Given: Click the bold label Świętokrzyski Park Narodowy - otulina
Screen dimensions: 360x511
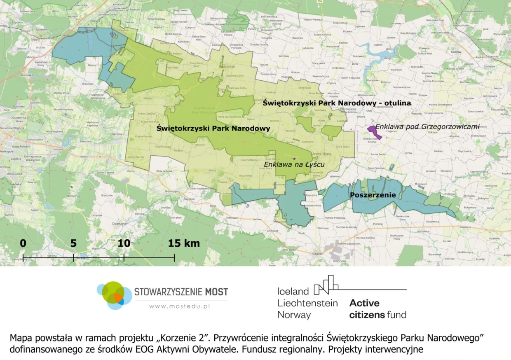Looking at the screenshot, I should tap(336, 103).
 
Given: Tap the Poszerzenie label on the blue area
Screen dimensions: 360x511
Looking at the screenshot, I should tap(373, 195).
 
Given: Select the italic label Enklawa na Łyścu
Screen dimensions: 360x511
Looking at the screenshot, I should tap(294, 164).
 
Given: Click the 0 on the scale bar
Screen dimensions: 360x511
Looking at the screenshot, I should tap(23, 243).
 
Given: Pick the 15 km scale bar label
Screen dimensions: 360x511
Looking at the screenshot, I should tap(183, 243).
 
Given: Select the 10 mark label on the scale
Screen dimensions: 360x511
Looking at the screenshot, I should tap(124, 243).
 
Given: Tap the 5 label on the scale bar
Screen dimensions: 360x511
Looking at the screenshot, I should tap(73, 243).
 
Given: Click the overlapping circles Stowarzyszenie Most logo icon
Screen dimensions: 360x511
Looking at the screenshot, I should tap(114, 295).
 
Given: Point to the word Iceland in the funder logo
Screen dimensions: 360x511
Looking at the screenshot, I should tap(293, 291).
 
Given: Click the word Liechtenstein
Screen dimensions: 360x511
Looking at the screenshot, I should tap(307, 303).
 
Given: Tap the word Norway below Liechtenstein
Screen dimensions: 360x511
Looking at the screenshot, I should tap(294, 315).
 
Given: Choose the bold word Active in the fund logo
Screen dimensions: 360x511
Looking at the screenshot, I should tap(364, 303).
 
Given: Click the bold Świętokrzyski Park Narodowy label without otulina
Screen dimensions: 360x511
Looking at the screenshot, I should tap(213, 129).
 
